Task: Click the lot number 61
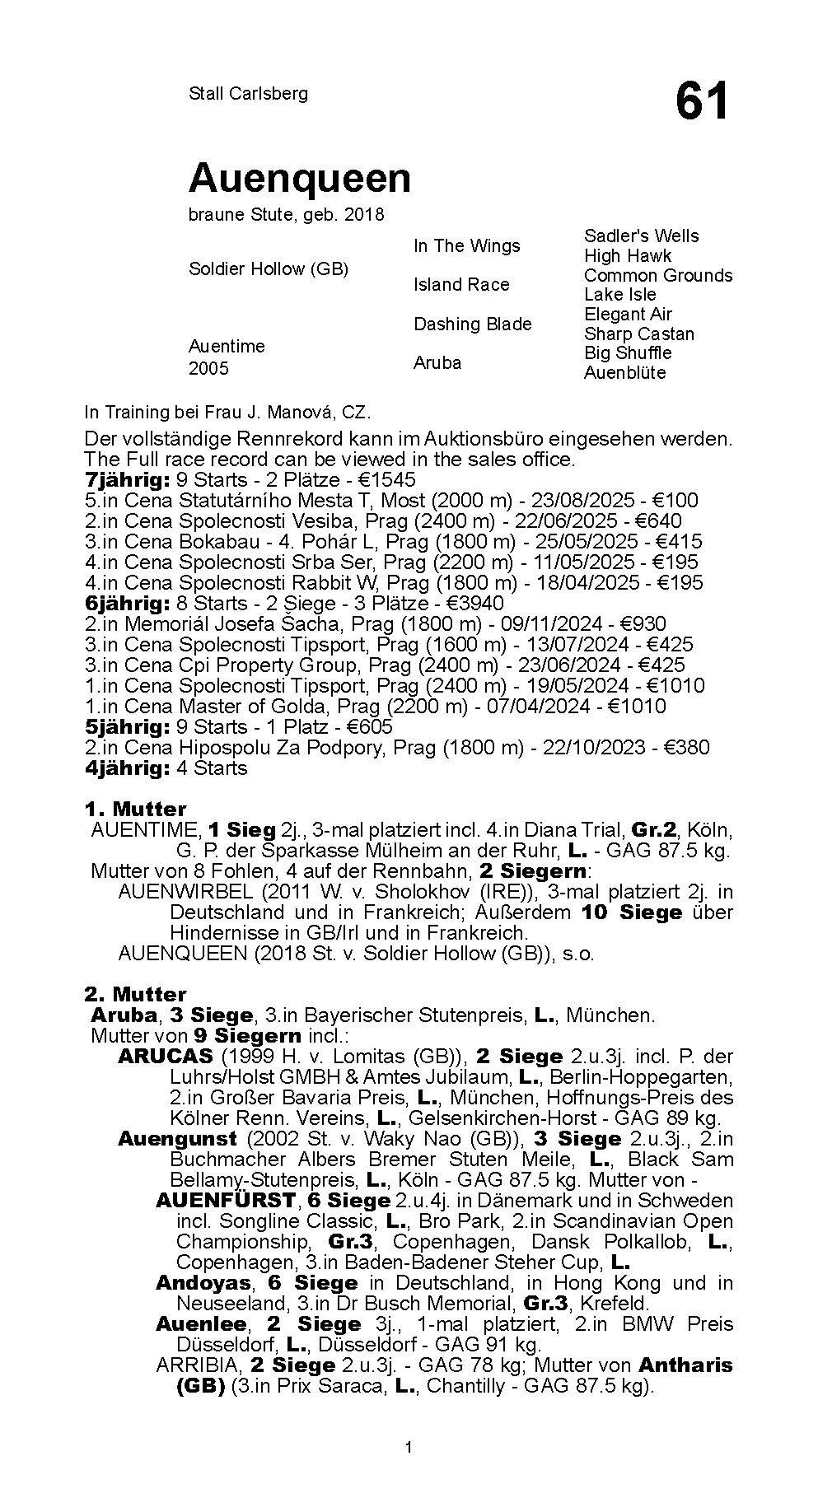tap(702, 102)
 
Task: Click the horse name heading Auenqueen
tap(299, 178)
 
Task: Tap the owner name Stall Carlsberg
tap(248, 93)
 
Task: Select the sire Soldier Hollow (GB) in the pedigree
tap(269, 269)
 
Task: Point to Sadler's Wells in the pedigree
tap(641, 236)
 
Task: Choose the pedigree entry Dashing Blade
tap(472, 324)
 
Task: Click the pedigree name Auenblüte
tap(624, 372)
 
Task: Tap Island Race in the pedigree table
tap(460, 284)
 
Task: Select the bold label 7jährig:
tap(127, 479)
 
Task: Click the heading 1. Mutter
tap(135, 809)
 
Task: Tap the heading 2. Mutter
tap(135, 994)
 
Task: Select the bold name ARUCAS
tap(165, 1056)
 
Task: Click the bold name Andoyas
tap(203, 1282)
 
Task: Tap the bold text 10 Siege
tap(631, 912)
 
